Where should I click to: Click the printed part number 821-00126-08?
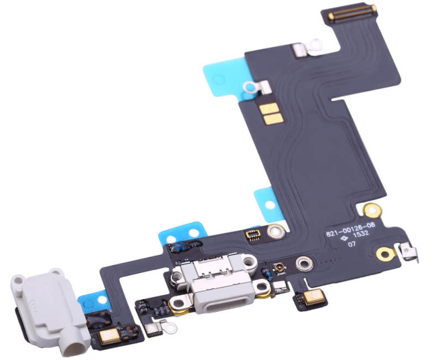(351, 229)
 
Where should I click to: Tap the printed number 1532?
(361, 234)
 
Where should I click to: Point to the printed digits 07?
(352, 245)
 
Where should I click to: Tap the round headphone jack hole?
(73, 350)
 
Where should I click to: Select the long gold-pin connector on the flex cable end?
(353, 12)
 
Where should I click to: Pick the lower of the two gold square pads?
(273, 119)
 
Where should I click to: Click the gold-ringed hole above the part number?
(372, 210)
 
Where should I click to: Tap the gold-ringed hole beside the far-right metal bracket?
(385, 253)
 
